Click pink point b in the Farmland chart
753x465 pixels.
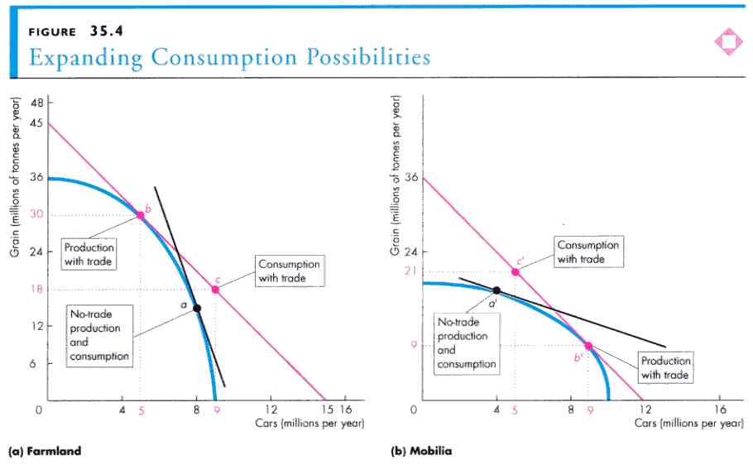coord(141,215)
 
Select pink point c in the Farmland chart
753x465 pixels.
coord(215,290)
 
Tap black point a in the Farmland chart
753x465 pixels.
coord(197,309)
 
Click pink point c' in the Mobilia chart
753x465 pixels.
coord(515,271)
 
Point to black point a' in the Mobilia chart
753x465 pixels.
coord(496,290)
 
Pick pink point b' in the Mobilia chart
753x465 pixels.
coord(588,346)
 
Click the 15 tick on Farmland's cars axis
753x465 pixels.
coord(326,410)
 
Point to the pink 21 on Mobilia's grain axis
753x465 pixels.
coord(409,271)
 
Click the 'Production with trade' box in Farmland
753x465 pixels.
coord(89,254)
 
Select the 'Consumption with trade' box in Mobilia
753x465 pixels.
coord(588,252)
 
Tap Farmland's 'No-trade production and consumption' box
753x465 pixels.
coord(98,334)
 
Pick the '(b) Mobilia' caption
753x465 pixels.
coord(421,451)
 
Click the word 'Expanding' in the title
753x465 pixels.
coord(76,57)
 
